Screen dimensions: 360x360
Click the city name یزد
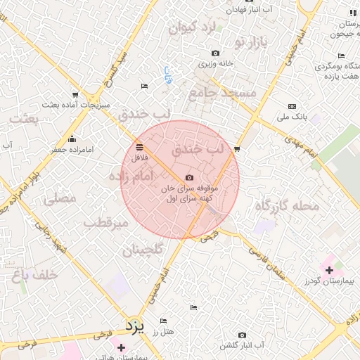point(134,326)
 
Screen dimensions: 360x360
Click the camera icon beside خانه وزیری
point(215,53)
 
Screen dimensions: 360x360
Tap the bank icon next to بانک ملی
point(292,106)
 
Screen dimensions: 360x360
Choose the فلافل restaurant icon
point(139,147)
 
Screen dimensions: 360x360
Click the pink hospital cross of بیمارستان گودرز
point(328,269)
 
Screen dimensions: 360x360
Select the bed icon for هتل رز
point(163,321)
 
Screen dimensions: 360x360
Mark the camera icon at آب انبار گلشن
point(242,335)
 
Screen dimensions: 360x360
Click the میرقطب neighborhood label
point(105,224)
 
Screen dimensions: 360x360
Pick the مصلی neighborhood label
point(60,200)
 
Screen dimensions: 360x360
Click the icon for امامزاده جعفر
point(71,139)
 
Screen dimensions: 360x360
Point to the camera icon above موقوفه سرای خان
point(188,179)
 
